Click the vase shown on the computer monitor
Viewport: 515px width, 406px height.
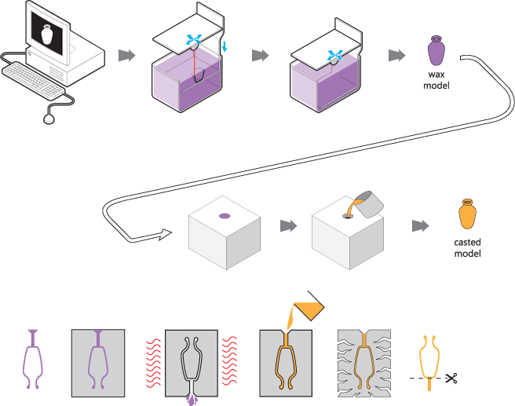pyautogui.click(x=46, y=35)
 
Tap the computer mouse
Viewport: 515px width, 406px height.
pyautogui.click(x=49, y=119)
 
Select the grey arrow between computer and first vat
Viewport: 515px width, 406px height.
pyautogui.click(x=126, y=55)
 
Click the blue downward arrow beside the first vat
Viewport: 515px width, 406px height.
pyautogui.click(x=225, y=49)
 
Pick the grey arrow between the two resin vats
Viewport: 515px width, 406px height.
pyautogui.click(x=260, y=55)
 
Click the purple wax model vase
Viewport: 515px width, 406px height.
pyautogui.click(x=435, y=50)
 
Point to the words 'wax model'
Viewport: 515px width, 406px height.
pyautogui.click(x=436, y=79)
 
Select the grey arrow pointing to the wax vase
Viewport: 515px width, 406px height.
pyautogui.click(x=397, y=55)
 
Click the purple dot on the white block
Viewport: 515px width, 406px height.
pyautogui.click(x=224, y=214)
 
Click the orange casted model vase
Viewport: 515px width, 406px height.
pyautogui.click(x=467, y=214)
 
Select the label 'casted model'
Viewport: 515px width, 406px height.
pyautogui.click(x=467, y=247)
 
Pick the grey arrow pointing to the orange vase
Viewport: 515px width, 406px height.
pyautogui.click(x=421, y=226)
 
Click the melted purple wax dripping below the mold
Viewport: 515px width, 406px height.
pyautogui.click(x=192, y=400)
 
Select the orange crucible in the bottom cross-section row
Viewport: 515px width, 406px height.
pyautogui.click(x=307, y=309)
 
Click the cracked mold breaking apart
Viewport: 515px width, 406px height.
pyautogui.click(x=364, y=363)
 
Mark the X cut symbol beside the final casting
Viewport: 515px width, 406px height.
pyautogui.click(x=451, y=379)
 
